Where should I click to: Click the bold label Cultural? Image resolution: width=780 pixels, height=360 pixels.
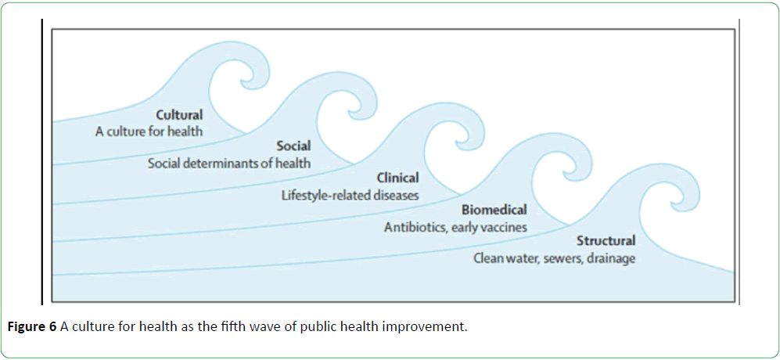pyautogui.click(x=180, y=115)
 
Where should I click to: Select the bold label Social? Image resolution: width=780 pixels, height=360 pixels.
pyautogui.click(x=293, y=146)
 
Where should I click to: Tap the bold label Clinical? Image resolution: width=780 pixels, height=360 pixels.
pyautogui.click(x=397, y=178)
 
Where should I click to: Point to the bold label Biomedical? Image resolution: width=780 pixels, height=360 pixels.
pyautogui.click(x=494, y=210)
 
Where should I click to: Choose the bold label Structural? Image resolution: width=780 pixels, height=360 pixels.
pyautogui.click(x=606, y=242)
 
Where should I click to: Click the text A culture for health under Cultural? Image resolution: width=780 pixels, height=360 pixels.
pyautogui.click(x=149, y=132)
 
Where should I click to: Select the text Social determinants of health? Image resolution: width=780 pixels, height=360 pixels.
pyautogui.click(x=229, y=164)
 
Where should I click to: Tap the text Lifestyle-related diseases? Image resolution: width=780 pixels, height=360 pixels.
pyautogui.click(x=350, y=195)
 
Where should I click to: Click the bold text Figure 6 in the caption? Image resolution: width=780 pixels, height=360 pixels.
pyautogui.click(x=34, y=329)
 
